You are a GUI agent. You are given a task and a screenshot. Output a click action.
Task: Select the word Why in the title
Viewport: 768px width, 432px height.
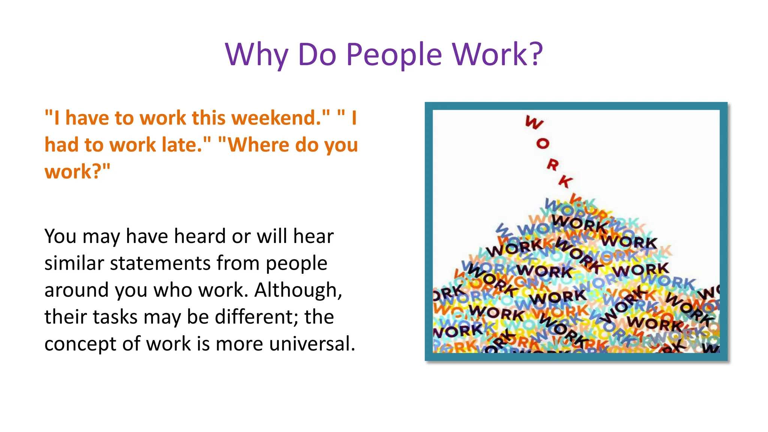(257, 55)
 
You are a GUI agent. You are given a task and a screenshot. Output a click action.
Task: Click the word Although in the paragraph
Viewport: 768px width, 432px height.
(298, 290)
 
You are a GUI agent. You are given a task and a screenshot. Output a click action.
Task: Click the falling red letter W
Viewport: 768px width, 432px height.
(534, 122)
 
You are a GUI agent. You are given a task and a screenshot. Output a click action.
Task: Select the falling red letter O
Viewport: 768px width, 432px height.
(543, 143)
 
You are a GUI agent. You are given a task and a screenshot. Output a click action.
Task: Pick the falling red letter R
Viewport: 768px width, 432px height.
(552, 165)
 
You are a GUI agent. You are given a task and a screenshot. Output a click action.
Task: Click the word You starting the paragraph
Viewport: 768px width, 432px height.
(60, 236)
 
